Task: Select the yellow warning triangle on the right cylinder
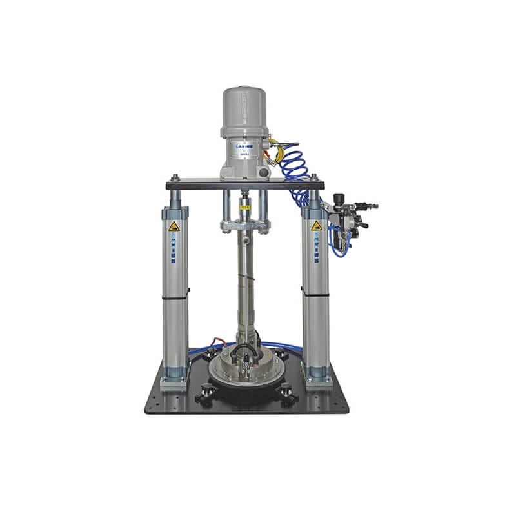(316, 226)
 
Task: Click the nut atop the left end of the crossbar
(174, 177)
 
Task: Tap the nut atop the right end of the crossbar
(314, 177)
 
